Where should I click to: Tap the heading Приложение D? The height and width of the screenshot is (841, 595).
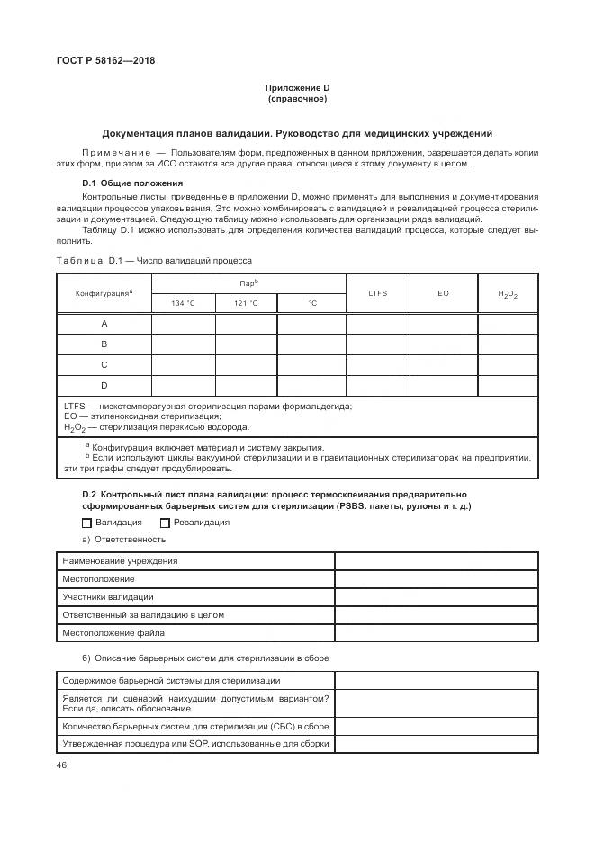point(297,87)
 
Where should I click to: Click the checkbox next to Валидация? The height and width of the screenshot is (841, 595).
point(86,522)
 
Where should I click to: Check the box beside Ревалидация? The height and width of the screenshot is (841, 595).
point(165,522)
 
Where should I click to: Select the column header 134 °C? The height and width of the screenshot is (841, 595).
point(183,302)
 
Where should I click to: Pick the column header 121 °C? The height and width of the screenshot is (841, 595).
point(246,302)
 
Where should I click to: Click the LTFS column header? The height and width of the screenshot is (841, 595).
point(378,293)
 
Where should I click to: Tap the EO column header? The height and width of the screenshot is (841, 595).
point(443,293)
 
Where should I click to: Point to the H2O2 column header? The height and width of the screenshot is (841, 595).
point(508,293)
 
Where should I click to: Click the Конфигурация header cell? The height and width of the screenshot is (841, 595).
point(104,293)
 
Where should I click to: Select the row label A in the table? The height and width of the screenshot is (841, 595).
point(104,323)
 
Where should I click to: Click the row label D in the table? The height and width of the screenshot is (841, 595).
point(104,385)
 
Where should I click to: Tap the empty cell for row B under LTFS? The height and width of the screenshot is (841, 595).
point(378,344)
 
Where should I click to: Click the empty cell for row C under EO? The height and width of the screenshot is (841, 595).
point(443,364)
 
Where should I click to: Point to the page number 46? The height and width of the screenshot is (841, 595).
point(61,765)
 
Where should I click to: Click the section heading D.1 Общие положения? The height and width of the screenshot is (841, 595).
point(120,183)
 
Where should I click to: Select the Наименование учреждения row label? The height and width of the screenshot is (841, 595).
point(120,560)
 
